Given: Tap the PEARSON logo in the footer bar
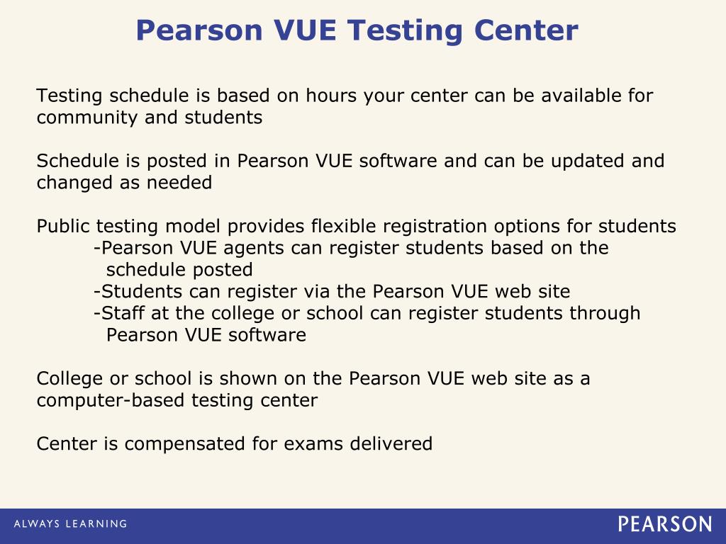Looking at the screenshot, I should pyautogui.click(x=664, y=524).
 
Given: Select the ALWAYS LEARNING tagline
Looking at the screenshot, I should pyautogui.click(x=70, y=524).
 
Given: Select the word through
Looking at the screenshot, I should pyautogui.click(x=605, y=314).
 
